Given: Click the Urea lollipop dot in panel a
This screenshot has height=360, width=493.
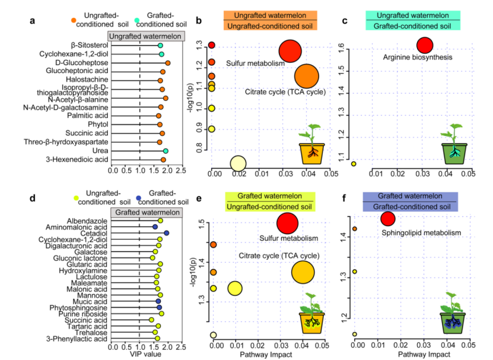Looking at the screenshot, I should (166, 151).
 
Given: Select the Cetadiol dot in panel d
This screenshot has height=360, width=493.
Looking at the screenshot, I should (167, 233).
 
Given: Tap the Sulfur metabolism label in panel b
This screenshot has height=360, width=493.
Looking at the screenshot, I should (252, 63).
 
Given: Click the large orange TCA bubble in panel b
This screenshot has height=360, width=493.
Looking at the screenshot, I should (307, 77).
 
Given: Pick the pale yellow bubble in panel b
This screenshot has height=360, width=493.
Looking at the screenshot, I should (238, 164).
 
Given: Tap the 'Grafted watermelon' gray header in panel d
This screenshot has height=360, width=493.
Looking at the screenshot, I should (148, 212).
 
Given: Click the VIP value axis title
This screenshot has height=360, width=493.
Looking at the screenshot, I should (145, 355).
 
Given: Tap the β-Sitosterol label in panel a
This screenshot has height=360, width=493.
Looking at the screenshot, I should (89, 45).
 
